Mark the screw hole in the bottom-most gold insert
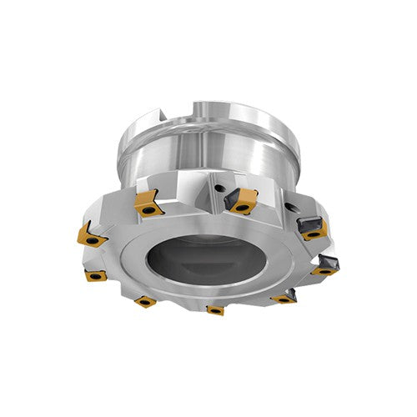pyautogui.click(x=215, y=310)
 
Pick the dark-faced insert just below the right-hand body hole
pyautogui.click(x=311, y=225)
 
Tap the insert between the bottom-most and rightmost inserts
pyautogui.click(x=284, y=296)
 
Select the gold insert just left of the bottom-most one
pyautogui.click(x=145, y=300)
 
